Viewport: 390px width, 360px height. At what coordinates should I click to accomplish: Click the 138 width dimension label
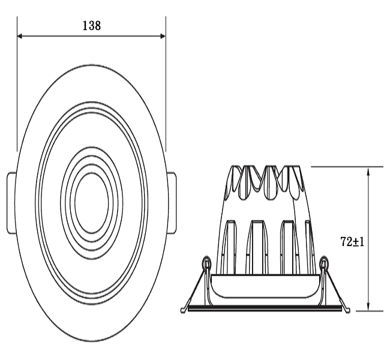coord(92,26)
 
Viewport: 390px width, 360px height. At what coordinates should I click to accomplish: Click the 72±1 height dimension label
coord(352,242)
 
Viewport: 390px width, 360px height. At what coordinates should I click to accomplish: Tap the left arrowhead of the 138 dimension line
coord(20,37)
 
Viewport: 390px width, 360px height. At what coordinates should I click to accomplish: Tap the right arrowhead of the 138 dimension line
coord(163,37)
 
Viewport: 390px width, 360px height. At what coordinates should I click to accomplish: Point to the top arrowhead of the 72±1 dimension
coord(368,170)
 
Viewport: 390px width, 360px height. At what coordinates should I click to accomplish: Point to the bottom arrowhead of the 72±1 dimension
coord(368,308)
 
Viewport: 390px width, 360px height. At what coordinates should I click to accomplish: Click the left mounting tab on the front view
coord(11,203)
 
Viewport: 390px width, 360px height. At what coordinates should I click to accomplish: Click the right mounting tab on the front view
coord(172,203)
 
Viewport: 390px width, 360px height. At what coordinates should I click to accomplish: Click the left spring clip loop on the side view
coord(206,262)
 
